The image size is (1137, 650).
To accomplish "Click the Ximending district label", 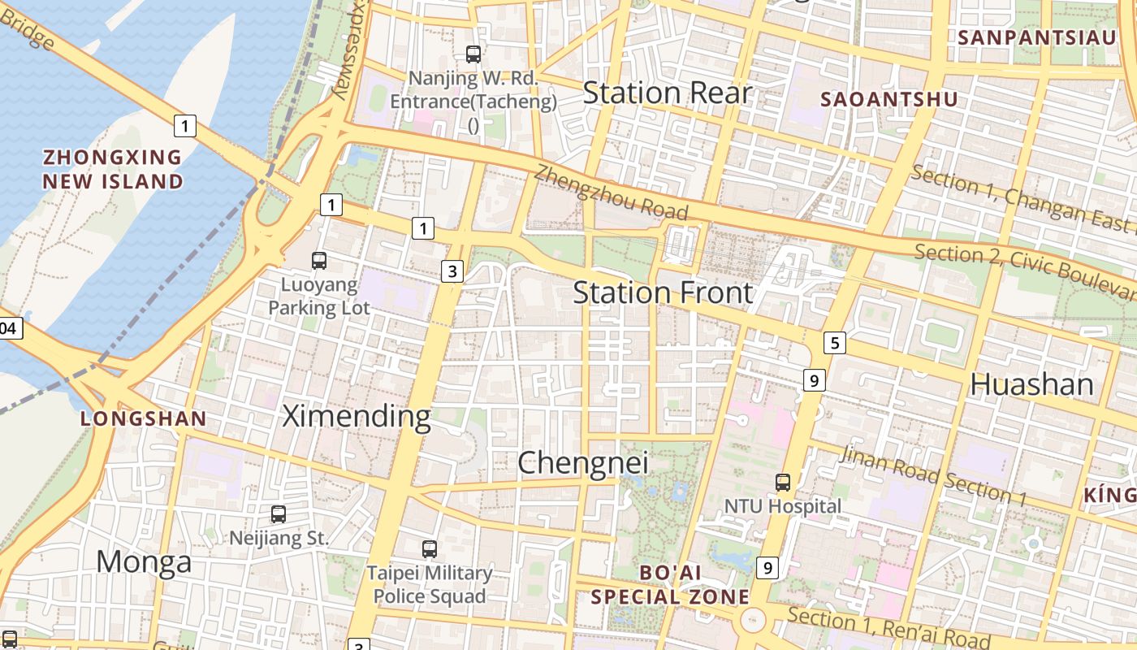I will click(356, 416).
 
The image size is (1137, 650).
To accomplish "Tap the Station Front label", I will click(663, 292).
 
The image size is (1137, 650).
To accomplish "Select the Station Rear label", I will click(668, 93).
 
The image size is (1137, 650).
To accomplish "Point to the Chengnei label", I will click(583, 463).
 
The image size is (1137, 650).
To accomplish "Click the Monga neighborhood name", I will click(144, 561).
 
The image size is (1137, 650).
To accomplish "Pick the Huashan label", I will click(1031, 384).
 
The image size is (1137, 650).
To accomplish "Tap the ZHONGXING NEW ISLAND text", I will click(113, 169).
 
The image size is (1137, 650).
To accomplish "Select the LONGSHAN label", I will click(143, 419).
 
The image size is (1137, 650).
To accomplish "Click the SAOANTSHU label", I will click(889, 100).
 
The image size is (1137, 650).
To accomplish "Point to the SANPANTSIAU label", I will click(1037, 37).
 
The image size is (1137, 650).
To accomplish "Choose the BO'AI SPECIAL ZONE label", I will click(670, 585).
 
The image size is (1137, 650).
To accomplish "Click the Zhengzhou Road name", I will click(611, 193).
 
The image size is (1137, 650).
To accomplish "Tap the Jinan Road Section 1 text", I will click(933, 475).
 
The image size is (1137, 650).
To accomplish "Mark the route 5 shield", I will click(834, 343).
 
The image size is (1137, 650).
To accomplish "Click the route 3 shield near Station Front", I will click(452, 271).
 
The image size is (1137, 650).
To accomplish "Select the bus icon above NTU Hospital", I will click(782, 483).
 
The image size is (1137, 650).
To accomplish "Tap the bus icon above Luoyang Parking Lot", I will click(319, 261).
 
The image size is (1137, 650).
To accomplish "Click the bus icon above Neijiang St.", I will click(278, 514).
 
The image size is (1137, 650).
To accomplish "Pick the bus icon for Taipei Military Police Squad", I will click(429, 549).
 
